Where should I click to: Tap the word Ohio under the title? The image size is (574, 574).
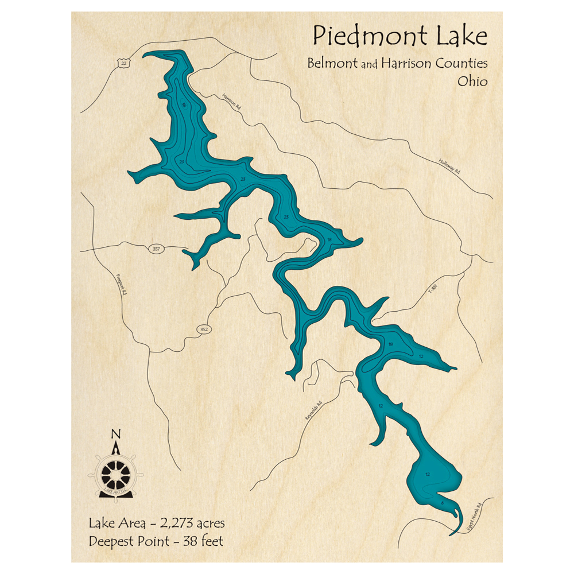pos(472,82)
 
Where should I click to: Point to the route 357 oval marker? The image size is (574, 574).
pos(156,249)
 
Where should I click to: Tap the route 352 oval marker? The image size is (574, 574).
pos(204,329)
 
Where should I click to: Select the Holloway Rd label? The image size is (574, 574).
pos(449,166)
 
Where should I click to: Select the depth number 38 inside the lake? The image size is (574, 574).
pos(329,239)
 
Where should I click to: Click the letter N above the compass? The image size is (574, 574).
pos(116,433)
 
